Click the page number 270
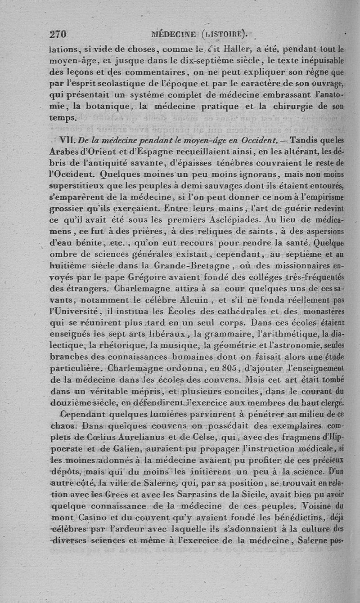(58, 34)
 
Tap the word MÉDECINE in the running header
(174, 34)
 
